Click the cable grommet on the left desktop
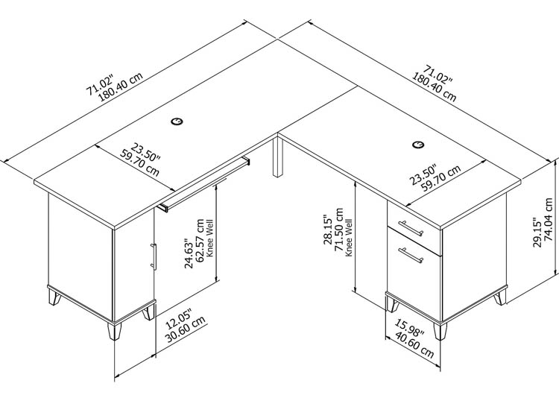tap(177, 121)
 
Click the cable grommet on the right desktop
tap(418, 145)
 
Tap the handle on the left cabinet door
tap(154, 256)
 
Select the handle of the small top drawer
tap(411, 229)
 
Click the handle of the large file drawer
tap(411, 255)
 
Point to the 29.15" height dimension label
tap(537, 232)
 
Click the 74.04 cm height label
tap(549, 220)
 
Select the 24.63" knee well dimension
tap(189, 253)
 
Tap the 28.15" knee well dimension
tap(328, 230)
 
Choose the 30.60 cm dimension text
tap(186, 329)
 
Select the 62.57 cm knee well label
tap(200, 241)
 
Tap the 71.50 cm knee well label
tap(339, 230)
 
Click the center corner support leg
tap(278, 157)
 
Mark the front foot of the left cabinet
tap(115, 331)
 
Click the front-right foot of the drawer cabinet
tap(440, 331)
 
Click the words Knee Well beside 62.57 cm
tap(209, 238)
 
